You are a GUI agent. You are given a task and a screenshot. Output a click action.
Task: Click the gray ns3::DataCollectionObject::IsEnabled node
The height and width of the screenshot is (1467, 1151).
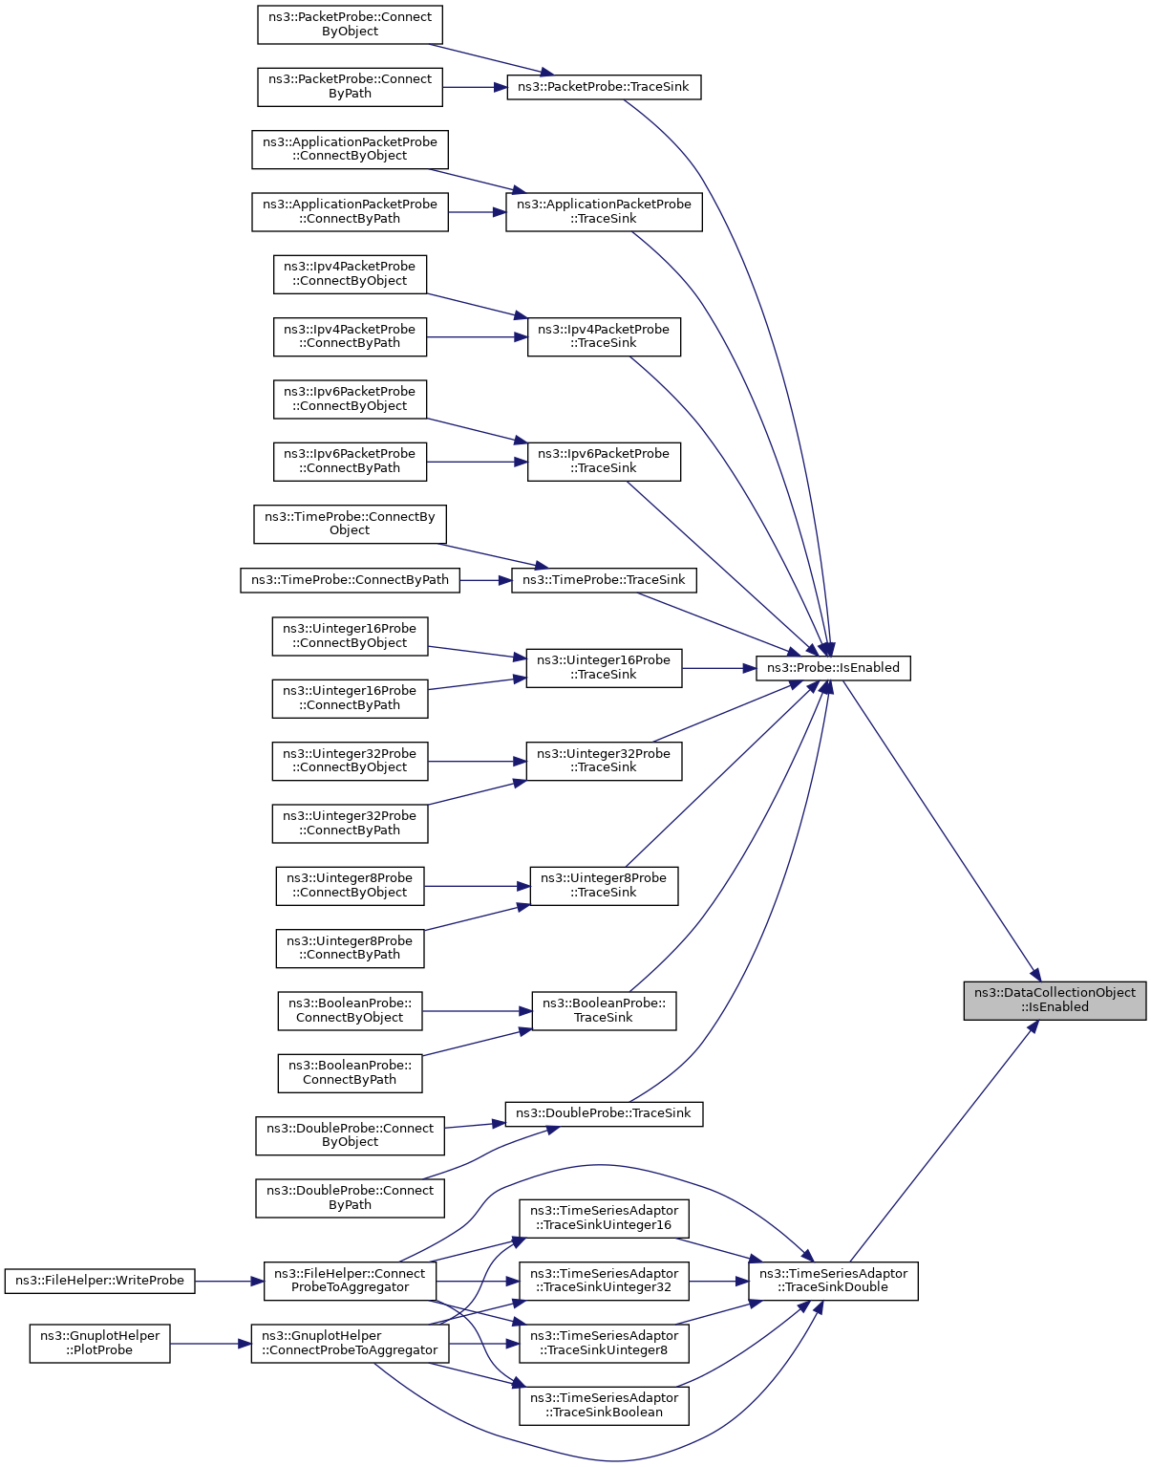(x=1054, y=1001)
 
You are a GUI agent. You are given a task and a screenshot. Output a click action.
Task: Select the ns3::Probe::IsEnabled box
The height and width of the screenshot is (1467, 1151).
(x=833, y=668)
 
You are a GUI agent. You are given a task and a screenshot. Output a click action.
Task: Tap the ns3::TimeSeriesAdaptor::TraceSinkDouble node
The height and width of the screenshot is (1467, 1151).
(x=833, y=1281)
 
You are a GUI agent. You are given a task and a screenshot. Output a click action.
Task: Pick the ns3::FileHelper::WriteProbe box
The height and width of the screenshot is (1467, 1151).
(x=100, y=1281)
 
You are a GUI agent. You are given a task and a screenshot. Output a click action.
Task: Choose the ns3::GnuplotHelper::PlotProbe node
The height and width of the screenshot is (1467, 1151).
(x=100, y=1344)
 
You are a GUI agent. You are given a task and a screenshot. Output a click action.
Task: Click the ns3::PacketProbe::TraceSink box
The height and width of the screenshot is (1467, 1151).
(x=604, y=87)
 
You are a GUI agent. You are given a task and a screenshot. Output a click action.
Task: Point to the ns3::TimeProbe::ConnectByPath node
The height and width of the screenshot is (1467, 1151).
(x=350, y=580)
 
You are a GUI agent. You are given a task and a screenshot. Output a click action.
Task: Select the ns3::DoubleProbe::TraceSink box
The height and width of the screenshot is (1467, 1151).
(x=604, y=1113)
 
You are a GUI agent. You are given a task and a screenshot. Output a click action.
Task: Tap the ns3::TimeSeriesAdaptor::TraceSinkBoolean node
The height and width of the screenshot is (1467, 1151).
(x=604, y=1406)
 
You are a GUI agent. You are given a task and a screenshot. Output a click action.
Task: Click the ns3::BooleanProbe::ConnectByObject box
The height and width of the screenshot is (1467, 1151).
(x=350, y=1010)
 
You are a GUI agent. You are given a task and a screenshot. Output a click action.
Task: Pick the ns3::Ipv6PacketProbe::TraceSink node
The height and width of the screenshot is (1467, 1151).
(x=604, y=462)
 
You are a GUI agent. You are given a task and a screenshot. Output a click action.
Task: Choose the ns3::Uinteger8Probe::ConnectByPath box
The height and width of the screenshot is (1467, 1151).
(x=350, y=948)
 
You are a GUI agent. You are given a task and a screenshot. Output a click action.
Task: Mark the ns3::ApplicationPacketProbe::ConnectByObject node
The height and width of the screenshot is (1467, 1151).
(x=350, y=149)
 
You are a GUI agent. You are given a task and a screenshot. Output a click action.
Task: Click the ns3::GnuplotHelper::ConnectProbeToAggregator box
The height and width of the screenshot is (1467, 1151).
(x=350, y=1344)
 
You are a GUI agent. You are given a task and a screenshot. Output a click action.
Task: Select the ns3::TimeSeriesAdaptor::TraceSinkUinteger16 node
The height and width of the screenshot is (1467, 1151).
(x=604, y=1219)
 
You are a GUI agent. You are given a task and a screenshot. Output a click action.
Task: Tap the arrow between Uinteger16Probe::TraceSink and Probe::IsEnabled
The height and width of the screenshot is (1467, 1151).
(x=718, y=668)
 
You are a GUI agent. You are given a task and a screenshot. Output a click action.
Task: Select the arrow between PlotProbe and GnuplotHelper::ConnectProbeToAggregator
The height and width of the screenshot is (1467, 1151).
(x=210, y=1344)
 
